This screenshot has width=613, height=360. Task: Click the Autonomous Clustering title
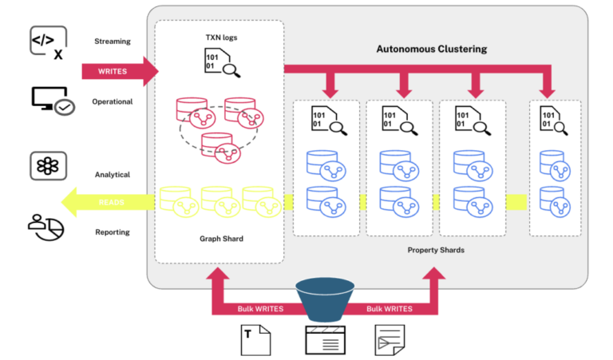[x=431, y=49]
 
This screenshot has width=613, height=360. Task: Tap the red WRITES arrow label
[x=112, y=71]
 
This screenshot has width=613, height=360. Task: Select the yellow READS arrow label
[x=111, y=203]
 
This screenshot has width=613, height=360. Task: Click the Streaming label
[x=112, y=41]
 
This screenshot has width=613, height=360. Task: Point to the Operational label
[x=112, y=101]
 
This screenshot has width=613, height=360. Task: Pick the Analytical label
[x=112, y=174]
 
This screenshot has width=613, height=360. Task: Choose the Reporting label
[x=112, y=232]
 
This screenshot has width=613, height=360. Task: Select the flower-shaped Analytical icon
[x=46, y=166]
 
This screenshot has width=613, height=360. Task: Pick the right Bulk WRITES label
[x=390, y=308]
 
